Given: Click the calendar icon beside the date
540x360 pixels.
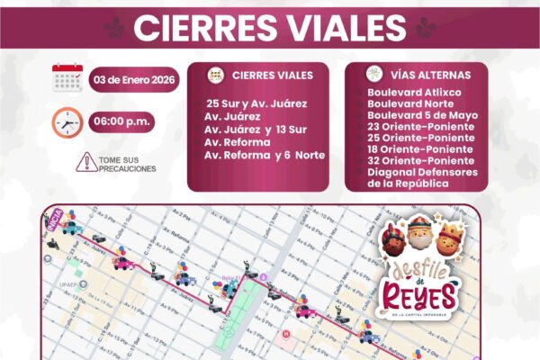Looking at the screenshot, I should (67, 78).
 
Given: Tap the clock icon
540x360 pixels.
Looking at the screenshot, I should (67, 121).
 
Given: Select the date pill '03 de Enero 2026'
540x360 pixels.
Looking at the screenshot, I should (134, 79).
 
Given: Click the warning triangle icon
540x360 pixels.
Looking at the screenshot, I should (86, 162).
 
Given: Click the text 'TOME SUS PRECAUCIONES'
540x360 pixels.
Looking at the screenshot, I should (127, 163).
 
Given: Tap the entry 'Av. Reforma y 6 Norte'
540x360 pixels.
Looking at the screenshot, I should (264, 155).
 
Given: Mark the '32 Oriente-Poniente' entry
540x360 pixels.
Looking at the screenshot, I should (416, 160).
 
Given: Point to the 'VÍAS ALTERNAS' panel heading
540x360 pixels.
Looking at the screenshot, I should (423, 76).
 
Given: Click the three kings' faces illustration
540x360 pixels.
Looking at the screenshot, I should (421, 238).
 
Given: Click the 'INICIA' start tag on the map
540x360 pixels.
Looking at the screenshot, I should (54, 227).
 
